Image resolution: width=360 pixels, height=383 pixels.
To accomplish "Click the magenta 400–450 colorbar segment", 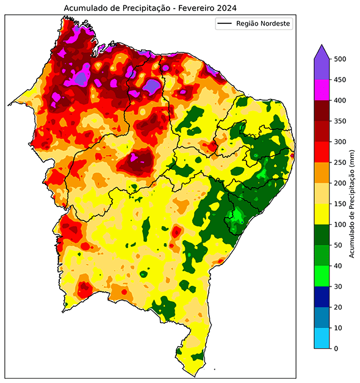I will (x=322, y=90).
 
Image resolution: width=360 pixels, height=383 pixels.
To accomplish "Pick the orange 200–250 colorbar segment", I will (x=322, y=173).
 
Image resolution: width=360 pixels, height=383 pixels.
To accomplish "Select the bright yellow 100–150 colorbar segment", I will (x=322, y=214).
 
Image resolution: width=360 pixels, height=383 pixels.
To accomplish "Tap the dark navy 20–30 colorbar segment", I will (x=322, y=297).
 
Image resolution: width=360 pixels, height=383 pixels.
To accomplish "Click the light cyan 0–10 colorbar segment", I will (x=322, y=338).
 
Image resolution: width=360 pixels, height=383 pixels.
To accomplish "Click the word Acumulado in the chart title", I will (x=84, y=7).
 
